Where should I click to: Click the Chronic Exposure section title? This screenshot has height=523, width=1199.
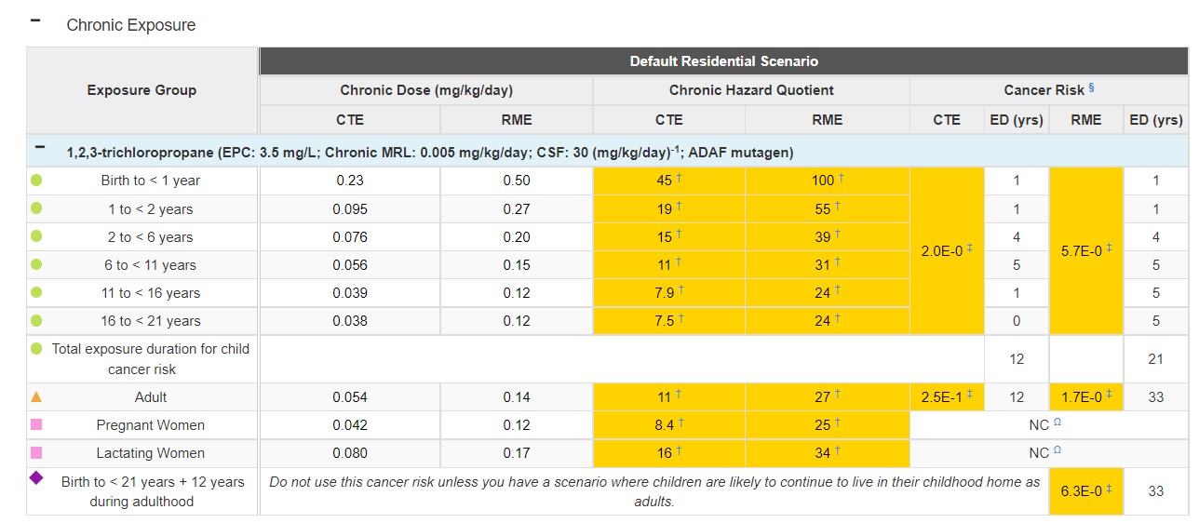130,25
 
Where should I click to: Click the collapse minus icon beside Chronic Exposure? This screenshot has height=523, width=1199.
35,20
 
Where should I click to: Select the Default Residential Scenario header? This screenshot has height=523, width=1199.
723,61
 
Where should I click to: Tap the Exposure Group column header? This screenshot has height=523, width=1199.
141,90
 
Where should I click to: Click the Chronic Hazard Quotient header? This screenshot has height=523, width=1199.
750,90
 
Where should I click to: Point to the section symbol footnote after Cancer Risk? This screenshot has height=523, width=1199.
1091,88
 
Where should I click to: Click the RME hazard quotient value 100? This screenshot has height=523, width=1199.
823,181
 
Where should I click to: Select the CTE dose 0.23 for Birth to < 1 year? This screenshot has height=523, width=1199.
349,181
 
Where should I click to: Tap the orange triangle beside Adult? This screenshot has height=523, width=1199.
36,396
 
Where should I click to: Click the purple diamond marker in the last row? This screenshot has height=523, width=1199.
36,478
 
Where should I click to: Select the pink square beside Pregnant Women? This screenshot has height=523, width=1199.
36,425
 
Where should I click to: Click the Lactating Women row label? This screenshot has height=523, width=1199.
150,453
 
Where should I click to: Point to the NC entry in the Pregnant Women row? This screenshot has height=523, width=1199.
1039,425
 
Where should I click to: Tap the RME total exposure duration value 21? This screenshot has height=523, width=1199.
1155,358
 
